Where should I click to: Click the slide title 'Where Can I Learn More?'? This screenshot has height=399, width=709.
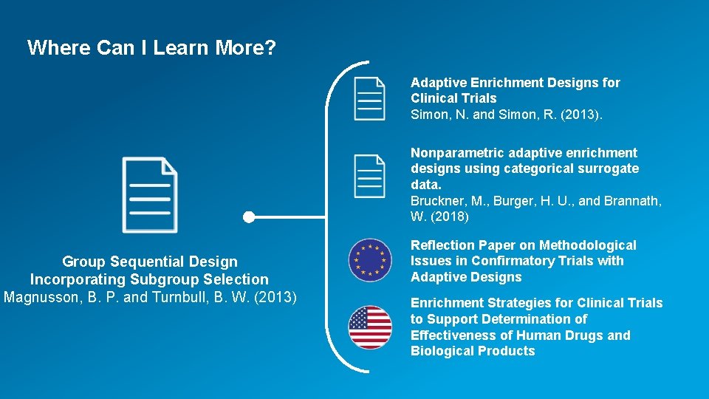[151, 48]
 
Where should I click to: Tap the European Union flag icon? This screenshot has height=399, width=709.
[369, 260]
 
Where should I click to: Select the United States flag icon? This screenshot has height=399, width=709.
[369, 327]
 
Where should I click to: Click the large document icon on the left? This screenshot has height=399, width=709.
[150, 195]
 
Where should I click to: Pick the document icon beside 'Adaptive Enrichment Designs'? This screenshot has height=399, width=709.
[369, 98]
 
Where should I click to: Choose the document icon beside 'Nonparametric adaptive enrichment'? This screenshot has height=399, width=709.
[369, 176]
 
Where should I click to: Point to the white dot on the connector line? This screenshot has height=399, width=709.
[249, 217]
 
